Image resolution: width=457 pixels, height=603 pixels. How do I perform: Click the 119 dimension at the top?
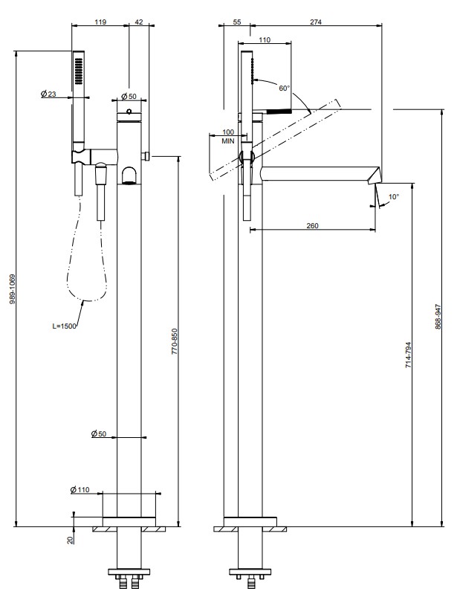[100, 22]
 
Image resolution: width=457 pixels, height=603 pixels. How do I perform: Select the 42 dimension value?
[139, 22]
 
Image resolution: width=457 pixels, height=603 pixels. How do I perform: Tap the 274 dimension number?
[316, 22]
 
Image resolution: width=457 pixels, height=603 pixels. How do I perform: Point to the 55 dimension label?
[237, 22]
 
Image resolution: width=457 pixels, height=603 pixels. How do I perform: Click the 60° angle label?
[284, 88]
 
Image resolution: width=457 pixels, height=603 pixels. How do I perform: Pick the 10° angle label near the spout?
[394, 196]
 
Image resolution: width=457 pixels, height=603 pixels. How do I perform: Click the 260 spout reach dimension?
[313, 225]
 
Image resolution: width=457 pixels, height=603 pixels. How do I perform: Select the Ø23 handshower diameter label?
[48, 94]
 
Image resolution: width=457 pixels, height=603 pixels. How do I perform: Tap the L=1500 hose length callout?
[64, 326]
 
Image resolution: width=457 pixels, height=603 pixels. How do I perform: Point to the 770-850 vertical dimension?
[174, 341]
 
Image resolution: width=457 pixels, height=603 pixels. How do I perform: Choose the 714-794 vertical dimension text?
[408, 355]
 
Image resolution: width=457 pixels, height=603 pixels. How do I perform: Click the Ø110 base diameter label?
[80, 489]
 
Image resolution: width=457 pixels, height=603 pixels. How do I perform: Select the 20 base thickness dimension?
[70, 540]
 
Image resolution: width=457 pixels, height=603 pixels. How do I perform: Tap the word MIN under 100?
[228, 141]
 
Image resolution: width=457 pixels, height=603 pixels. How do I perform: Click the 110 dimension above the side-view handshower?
[265, 39]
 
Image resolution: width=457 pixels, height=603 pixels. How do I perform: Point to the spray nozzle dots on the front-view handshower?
[79, 71]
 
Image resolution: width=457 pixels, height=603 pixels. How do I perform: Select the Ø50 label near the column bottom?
[99, 433]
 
